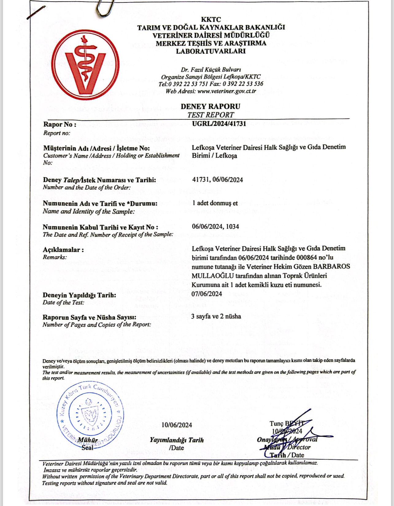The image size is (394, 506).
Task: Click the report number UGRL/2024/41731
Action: (219, 124)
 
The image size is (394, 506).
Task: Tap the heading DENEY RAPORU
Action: (210, 106)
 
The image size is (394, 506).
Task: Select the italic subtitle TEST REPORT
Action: (211, 115)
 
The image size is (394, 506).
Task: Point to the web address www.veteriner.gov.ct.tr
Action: (227, 91)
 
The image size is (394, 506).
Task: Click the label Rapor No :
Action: (60, 125)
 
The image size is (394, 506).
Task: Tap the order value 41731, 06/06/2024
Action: (217, 180)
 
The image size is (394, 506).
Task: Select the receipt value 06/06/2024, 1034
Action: (215, 226)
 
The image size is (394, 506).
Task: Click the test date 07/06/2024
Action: (207, 294)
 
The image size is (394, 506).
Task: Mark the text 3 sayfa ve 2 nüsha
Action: (216, 316)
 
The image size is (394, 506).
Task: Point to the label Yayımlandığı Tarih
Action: (176, 440)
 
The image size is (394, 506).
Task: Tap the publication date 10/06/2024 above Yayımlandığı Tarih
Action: (177, 425)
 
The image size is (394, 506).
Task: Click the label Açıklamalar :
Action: (63, 250)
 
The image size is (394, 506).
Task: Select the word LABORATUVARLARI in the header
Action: (211, 51)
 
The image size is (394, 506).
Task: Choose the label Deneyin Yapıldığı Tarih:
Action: (79, 295)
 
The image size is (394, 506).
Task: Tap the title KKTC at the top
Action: (211, 19)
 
